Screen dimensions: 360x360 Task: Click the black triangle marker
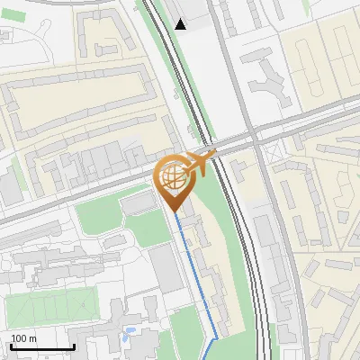click(181, 24)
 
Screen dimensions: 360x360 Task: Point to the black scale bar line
click(42, 347)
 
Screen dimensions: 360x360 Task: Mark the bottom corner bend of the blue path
click(216, 339)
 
